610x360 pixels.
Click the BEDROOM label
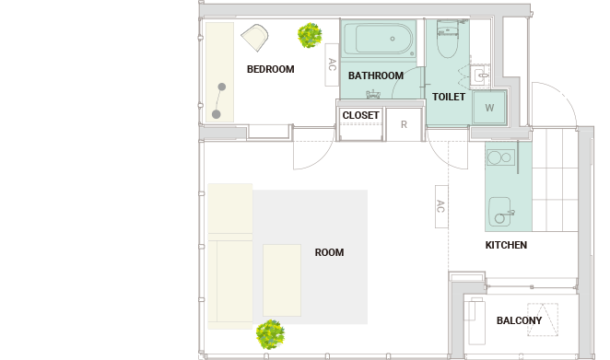tap(270, 69)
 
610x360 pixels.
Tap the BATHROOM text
tap(375, 75)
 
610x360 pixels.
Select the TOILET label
tap(449, 97)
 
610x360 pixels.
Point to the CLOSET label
tap(360, 115)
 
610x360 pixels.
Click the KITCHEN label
tap(506, 245)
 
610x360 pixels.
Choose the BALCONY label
tap(519, 320)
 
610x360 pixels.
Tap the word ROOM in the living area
tap(329, 252)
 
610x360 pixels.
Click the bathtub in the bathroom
tap(379, 39)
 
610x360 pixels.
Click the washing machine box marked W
tap(489, 108)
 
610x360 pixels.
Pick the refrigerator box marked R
tap(404, 124)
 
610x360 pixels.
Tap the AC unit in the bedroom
tap(332, 64)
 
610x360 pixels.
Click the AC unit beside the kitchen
tap(441, 206)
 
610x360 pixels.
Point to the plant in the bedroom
tap(310, 35)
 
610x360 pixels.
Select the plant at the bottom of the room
tap(270, 334)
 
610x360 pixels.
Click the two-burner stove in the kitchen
tap(500, 157)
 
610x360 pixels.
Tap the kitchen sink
tap(499, 212)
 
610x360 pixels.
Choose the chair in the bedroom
tap(255, 38)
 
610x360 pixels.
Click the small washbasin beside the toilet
tap(479, 75)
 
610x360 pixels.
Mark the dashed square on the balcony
tap(543, 319)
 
